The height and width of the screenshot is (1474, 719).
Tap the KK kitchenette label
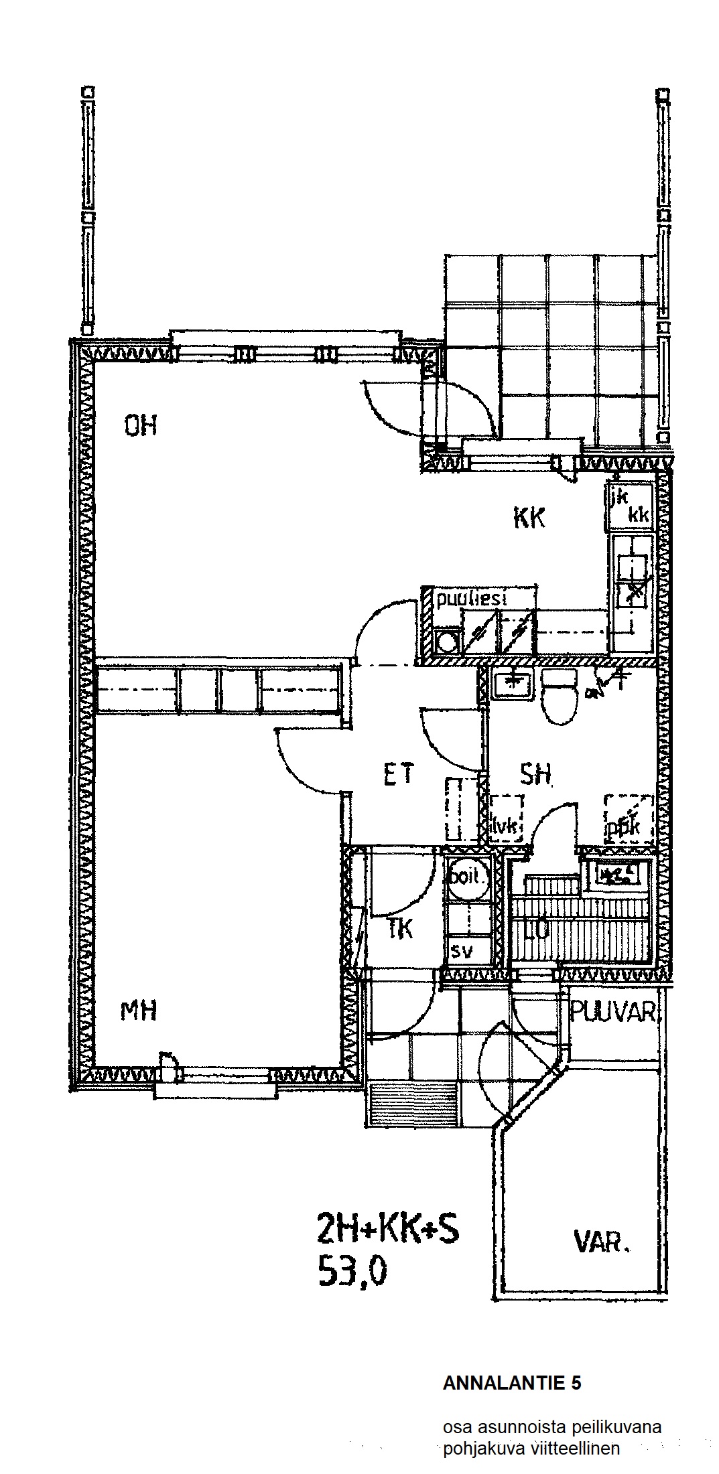click(x=529, y=518)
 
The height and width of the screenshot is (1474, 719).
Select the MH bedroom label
click(x=139, y=1010)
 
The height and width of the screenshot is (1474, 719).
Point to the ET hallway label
click(x=399, y=775)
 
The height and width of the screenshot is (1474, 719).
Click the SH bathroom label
click(x=536, y=775)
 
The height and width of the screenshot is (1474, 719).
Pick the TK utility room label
click(x=400, y=930)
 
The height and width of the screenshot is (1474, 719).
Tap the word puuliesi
click(x=470, y=599)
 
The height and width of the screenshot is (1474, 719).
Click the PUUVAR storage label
click(x=613, y=1013)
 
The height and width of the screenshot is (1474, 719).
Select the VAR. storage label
click(x=602, y=1243)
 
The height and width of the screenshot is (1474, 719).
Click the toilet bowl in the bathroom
click(x=560, y=700)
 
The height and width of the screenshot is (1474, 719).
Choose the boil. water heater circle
click(x=467, y=877)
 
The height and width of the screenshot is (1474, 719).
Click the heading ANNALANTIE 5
click(x=512, y=1384)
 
